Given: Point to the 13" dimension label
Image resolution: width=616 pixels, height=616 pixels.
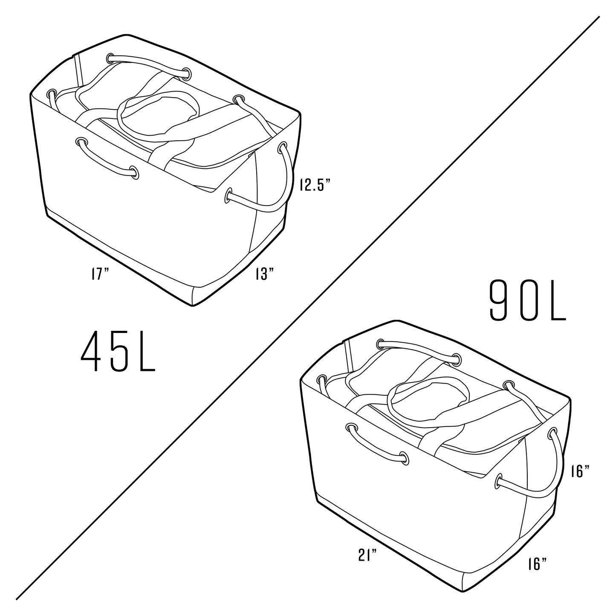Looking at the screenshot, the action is [265, 274].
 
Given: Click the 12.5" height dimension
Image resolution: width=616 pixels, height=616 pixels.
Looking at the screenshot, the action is [315, 185].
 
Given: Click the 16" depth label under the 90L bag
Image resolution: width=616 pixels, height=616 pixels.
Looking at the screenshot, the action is [537, 564].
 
